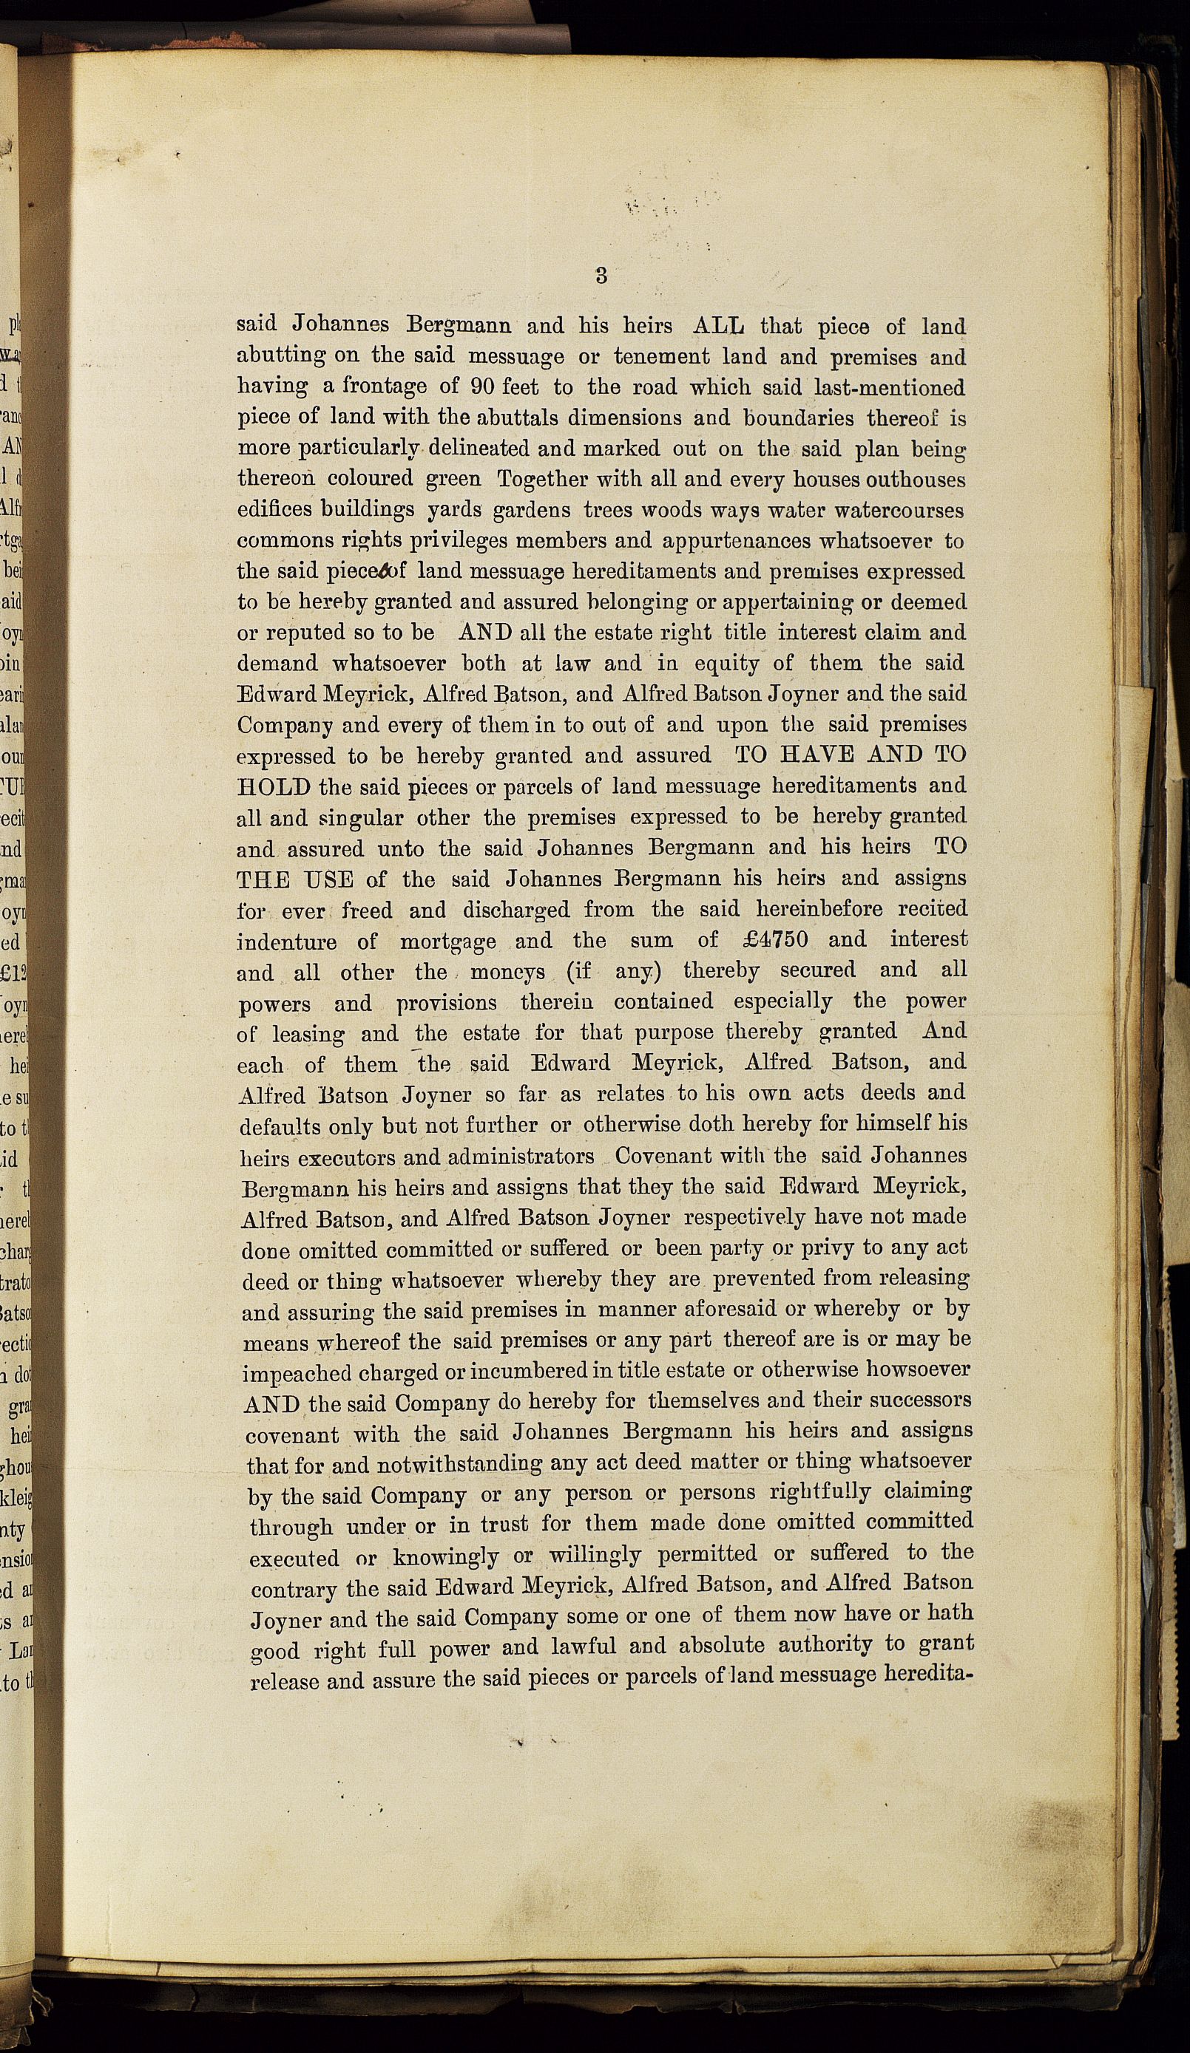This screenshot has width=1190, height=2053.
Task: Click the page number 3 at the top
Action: (601, 276)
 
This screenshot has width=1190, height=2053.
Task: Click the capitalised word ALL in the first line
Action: (718, 326)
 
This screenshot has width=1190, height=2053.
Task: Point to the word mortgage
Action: (447, 942)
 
